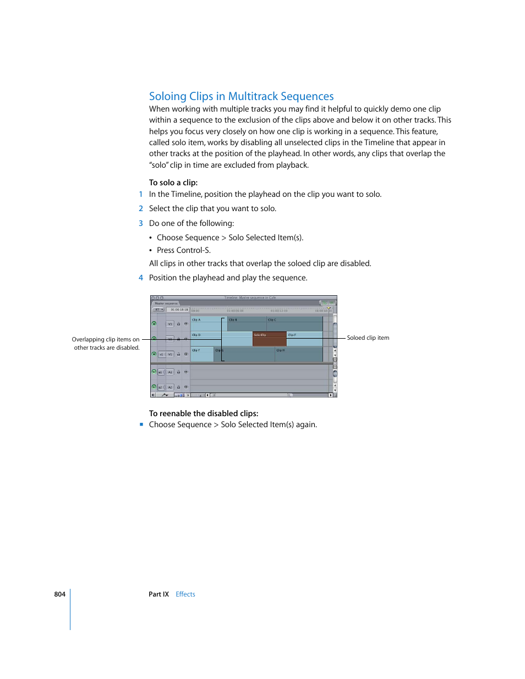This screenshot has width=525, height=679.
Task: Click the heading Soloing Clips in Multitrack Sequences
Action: point(241,96)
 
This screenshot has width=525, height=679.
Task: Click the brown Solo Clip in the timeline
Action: point(269,339)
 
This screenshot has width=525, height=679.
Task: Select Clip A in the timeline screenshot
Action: point(205,324)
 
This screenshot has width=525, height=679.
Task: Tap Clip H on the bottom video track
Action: point(298,355)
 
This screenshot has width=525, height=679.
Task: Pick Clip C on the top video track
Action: point(294,324)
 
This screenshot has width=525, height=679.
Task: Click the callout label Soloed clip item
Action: point(368,338)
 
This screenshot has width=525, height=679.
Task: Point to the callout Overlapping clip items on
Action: point(106,340)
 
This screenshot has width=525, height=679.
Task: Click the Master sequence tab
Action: point(166,303)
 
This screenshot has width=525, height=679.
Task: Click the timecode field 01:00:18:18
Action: point(179,310)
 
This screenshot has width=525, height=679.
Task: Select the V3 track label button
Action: point(170,324)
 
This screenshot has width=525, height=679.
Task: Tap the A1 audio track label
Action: point(170,372)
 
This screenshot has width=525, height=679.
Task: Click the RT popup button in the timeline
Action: point(158,310)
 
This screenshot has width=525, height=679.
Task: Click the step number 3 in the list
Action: point(141,223)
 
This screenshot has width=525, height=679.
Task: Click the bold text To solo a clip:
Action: point(173,183)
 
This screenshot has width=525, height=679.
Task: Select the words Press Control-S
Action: point(183,250)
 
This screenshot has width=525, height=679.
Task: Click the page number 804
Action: point(59,594)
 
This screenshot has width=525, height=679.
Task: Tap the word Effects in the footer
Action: point(185,594)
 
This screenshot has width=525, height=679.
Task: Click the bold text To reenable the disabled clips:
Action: point(203,413)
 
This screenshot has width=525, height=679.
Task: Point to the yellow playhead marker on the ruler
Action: point(329,308)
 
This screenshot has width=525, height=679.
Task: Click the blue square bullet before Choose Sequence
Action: point(141,424)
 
